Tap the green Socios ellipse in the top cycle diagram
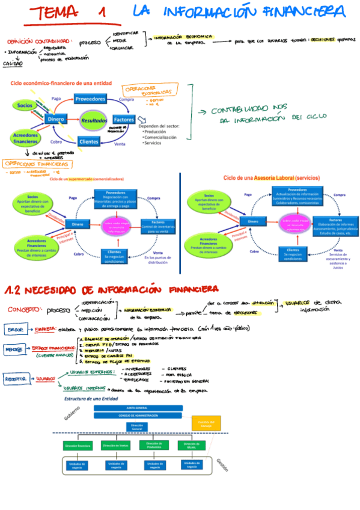[25, 105]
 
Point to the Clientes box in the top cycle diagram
[89, 142]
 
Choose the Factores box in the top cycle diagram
[123, 120]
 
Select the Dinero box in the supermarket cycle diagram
[78, 224]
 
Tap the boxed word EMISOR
[15, 330]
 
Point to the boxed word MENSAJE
[15, 349]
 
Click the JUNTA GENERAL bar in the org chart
[138, 407]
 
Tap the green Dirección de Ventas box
[115, 446]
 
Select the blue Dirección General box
[138, 426]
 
